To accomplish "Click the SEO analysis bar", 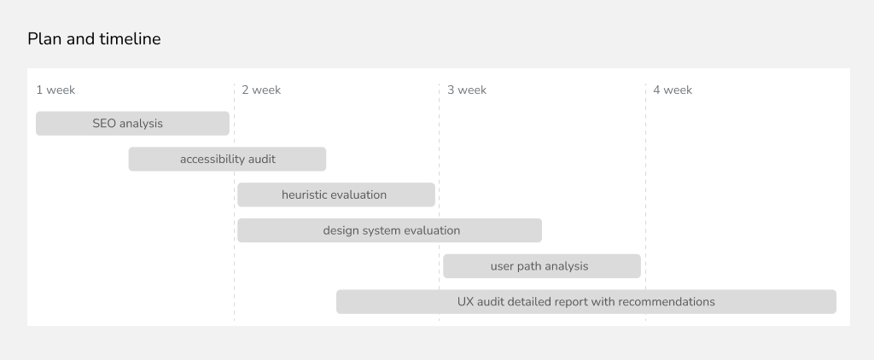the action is tap(132, 123).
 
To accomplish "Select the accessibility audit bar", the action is tap(227, 159).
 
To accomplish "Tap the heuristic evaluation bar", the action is tap(336, 195).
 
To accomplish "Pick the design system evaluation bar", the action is tap(389, 230).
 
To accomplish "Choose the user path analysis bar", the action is tap(542, 266).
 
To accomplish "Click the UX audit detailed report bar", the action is tap(586, 301).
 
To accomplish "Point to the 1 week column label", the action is tap(55, 90).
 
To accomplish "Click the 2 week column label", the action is tap(261, 90).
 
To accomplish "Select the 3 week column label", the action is tap(467, 90).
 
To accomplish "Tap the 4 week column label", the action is tap(673, 90).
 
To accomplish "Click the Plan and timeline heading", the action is tap(94, 39).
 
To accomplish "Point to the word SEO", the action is tap(103, 123).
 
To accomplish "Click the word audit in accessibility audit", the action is tap(262, 159).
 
